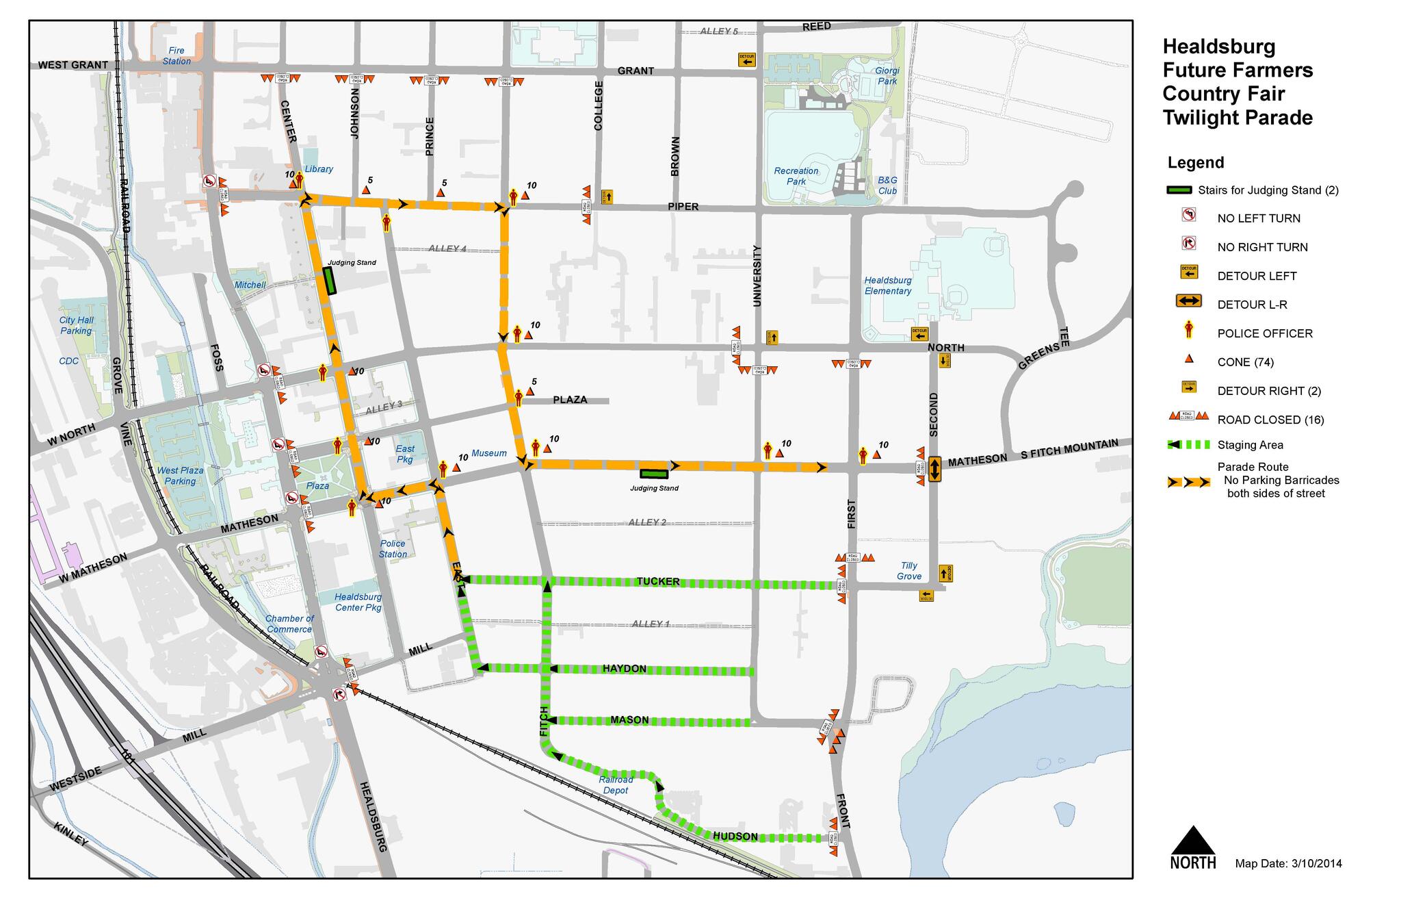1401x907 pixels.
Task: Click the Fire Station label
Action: click(x=176, y=55)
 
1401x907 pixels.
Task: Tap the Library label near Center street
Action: click(x=319, y=169)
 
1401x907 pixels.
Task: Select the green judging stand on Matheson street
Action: click(x=654, y=473)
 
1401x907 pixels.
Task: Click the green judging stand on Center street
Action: click(x=330, y=281)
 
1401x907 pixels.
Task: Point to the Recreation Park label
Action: click(x=796, y=176)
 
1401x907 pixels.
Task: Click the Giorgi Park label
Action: click(x=887, y=75)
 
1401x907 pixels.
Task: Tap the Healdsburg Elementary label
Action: click(x=888, y=285)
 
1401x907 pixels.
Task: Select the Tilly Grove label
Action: click(x=909, y=570)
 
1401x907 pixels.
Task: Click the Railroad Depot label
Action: click(x=616, y=784)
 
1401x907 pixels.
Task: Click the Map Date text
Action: click(x=1288, y=864)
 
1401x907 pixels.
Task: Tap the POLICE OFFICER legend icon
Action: click(x=1189, y=331)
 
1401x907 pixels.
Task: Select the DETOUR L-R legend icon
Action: click(x=1189, y=301)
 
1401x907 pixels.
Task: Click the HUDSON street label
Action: click(x=735, y=836)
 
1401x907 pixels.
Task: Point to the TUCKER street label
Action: click(x=658, y=582)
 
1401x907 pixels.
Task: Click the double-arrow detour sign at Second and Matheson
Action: click(x=935, y=469)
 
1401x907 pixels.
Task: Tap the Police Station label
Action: click(x=393, y=549)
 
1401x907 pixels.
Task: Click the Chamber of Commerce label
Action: click(x=289, y=624)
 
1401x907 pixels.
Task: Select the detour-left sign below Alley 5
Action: click(x=746, y=60)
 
